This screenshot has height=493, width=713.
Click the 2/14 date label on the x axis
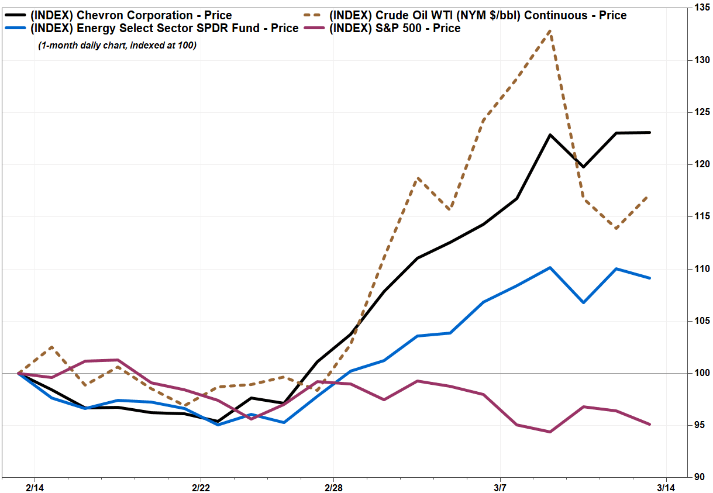point(34,487)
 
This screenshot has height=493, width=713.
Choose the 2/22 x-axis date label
point(201,487)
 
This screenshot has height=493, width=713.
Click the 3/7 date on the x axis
point(500,487)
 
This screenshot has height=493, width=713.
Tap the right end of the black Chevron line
point(650,133)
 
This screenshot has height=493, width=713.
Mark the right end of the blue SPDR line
point(650,278)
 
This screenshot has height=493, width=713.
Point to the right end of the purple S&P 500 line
point(650,425)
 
